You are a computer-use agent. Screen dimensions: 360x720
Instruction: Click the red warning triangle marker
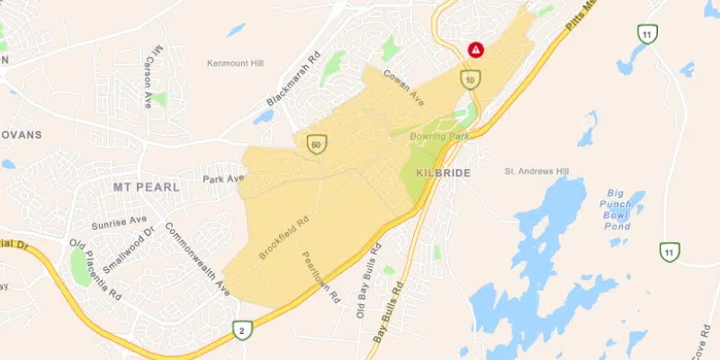point(475,50)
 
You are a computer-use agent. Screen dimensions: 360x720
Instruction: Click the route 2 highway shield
point(242,331)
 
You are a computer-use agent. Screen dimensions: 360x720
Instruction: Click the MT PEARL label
point(147,187)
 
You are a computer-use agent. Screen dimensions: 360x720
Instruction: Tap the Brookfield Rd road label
point(283,237)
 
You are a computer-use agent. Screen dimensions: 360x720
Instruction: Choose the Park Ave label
point(223,178)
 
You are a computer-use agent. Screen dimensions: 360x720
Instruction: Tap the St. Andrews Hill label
point(536,169)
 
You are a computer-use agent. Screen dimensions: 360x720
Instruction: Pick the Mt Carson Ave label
point(150,76)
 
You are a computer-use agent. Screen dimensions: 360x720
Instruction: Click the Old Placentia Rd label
point(95,270)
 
